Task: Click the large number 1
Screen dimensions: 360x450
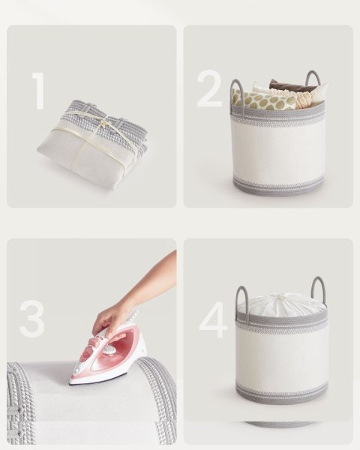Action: pos(39,91)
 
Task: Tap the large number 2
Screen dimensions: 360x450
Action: pos(209,88)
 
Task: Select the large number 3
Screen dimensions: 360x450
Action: pos(31,319)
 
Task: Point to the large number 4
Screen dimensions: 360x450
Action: pos(213,319)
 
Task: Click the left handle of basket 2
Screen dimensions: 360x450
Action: pos(236,94)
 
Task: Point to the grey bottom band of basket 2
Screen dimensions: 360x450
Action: pos(278,186)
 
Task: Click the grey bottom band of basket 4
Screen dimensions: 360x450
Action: pos(282,394)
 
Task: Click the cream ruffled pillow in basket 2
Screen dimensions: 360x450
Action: pos(307,97)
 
